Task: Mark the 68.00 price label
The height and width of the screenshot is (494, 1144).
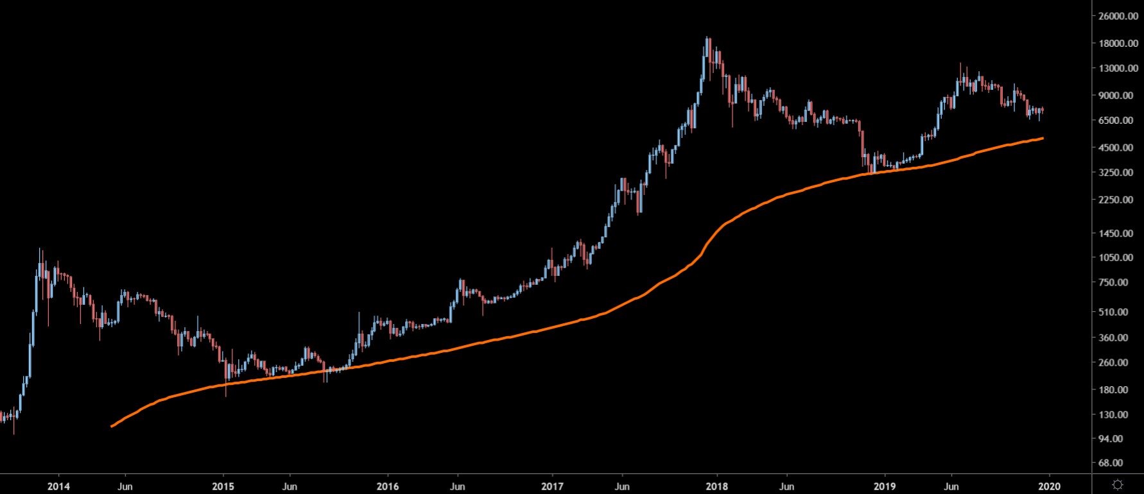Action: [1118, 463]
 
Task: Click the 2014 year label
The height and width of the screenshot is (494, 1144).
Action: [58, 486]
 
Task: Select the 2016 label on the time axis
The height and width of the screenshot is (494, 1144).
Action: [388, 486]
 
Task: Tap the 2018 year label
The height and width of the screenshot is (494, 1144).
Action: [718, 486]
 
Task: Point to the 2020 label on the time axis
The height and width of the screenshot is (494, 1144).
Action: [1049, 486]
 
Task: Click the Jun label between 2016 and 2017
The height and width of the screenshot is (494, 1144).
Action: [456, 486]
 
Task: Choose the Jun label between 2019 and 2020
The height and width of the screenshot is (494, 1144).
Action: [951, 486]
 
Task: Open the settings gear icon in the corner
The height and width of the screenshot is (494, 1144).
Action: [1117, 484]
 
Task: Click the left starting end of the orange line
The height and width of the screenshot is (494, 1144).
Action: [112, 426]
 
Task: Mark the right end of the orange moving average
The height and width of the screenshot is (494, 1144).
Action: [1042, 138]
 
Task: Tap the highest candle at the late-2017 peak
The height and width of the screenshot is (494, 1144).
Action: [707, 40]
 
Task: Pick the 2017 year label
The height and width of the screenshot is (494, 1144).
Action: [553, 486]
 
